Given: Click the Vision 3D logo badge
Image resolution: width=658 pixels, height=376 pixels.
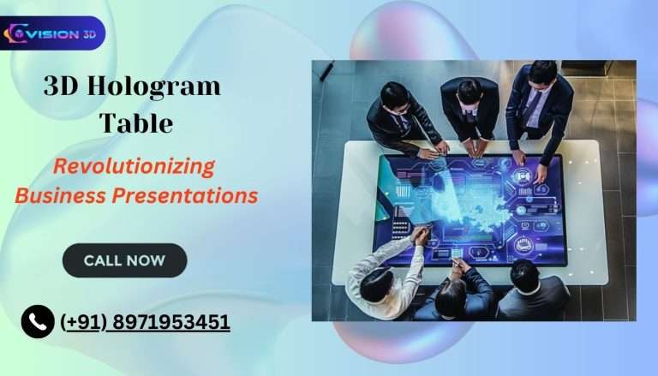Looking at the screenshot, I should pos(53,33).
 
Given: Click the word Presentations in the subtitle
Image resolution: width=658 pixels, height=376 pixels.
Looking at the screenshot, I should pos(189,195).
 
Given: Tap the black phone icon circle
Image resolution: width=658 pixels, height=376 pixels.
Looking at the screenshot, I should pos(38,322).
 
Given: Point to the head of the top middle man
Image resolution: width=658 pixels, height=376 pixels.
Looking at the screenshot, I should pos(470,91).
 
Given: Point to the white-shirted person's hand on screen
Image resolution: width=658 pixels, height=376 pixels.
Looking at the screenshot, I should pos(419,235).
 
